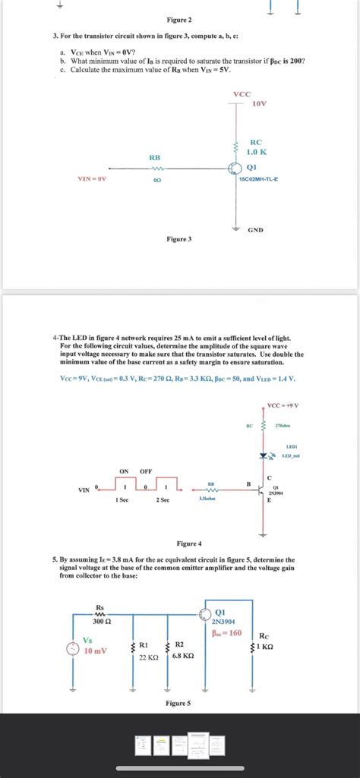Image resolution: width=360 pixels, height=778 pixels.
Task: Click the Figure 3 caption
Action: (179, 239)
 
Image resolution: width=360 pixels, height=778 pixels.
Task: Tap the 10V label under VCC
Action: (258, 103)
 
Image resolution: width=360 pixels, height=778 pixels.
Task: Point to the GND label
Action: (255, 229)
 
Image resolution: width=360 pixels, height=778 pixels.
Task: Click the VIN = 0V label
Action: (92, 179)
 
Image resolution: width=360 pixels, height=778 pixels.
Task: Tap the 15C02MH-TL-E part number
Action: (259, 179)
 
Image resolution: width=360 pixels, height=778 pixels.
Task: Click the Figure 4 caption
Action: (189, 543)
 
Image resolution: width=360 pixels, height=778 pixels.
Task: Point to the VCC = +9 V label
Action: (283, 405)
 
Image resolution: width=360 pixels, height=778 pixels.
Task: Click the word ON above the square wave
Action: (124, 471)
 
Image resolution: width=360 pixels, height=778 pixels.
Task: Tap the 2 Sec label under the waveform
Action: (163, 499)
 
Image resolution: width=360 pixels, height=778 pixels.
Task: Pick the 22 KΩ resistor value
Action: (147, 657)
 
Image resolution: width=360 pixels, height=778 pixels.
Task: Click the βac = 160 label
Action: (227, 632)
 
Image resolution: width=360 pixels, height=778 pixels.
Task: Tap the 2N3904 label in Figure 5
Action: (227, 621)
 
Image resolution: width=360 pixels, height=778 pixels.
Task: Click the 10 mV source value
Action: (96, 650)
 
